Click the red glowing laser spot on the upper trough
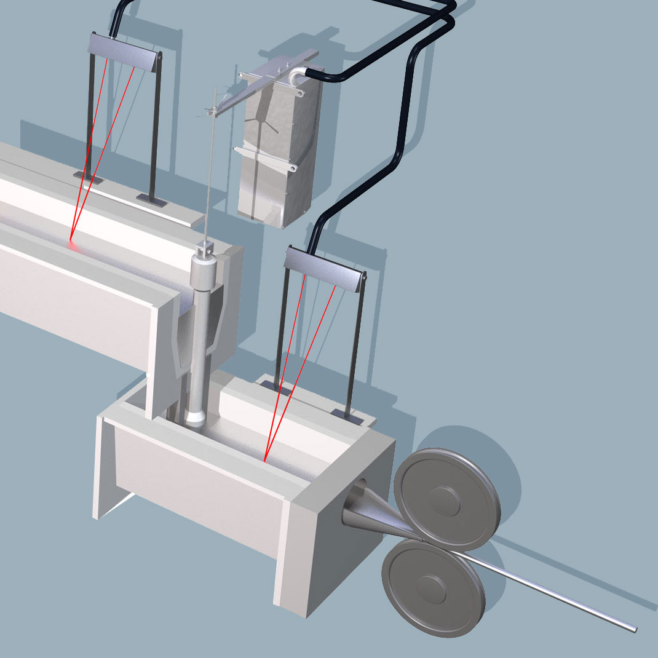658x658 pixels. coord(71,244)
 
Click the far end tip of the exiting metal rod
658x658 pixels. coord(633,628)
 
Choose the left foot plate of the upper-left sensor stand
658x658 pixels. coord(86,177)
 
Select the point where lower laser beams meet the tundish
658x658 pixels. coord(264,459)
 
